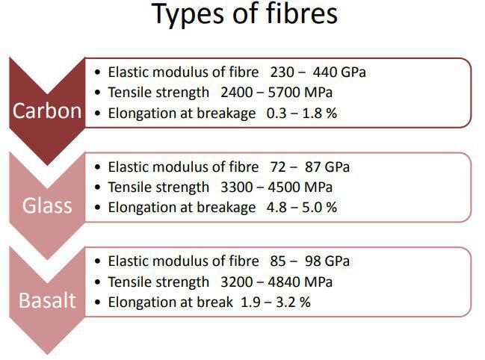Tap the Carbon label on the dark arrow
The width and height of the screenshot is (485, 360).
[47, 111]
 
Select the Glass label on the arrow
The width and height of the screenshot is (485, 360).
[47, 205]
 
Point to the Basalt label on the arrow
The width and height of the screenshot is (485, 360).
[47, 300]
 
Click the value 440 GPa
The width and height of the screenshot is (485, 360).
[339, 72]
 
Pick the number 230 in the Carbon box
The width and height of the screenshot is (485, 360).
[282, 72]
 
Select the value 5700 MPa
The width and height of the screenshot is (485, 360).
[300, 93]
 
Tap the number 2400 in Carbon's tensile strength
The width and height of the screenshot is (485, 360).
[237, 93]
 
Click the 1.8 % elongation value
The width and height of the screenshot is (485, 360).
[320, 114]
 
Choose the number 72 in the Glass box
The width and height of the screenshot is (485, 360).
[278, 167]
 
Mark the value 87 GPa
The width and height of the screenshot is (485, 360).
[327, 167]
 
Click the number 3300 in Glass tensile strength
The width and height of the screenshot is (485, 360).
[237, 187]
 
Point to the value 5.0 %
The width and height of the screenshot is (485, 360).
[320, 208]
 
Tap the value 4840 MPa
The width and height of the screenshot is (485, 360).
[300, 282]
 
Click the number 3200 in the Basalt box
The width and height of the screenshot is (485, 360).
[237, 282]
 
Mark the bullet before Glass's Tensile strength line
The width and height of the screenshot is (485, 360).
[98, 187]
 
